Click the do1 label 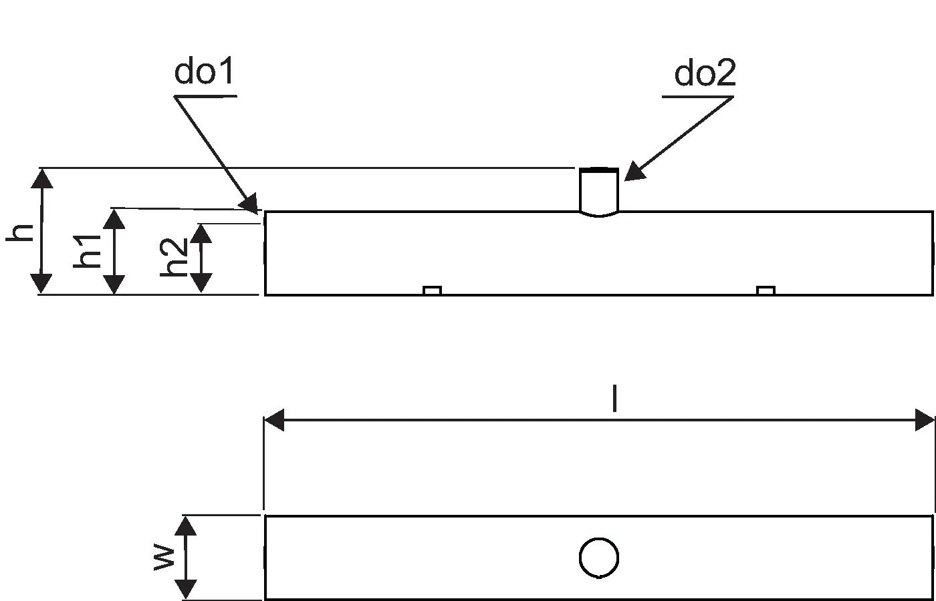[x=205, y=72]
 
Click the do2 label [x=705, y=73]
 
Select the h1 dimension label [x=88, y=250]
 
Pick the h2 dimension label [x=175, y=257]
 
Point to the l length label [x=614, y=399]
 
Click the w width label [x=164, y=557]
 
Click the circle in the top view [x=598, y=558]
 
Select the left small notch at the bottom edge [x=432, y=290]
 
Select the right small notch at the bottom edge [x=766, y=290]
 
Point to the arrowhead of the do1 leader [x=251, y=204]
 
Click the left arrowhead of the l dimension [x=273, y=421]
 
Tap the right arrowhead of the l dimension [x=925, y=421]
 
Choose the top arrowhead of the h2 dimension [x=202, y=232]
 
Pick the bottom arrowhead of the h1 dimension [x=115, y=284]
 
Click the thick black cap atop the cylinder [x=598, y=170]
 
